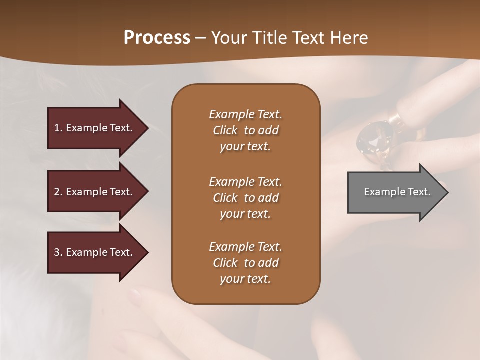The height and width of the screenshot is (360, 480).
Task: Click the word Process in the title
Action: click(157, 38)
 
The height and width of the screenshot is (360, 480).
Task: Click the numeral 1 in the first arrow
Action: click(56, 128)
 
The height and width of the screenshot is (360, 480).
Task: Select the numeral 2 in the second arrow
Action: click(56, 192)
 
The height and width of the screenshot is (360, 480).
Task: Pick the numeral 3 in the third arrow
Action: click(56, 252)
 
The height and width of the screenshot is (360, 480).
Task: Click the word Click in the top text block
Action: click(225, 131)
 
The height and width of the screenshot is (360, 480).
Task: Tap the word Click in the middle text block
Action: click(225, 198)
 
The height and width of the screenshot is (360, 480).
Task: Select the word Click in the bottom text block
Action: click(225, 263)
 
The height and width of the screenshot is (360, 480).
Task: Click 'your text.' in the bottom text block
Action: click(245, 279)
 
